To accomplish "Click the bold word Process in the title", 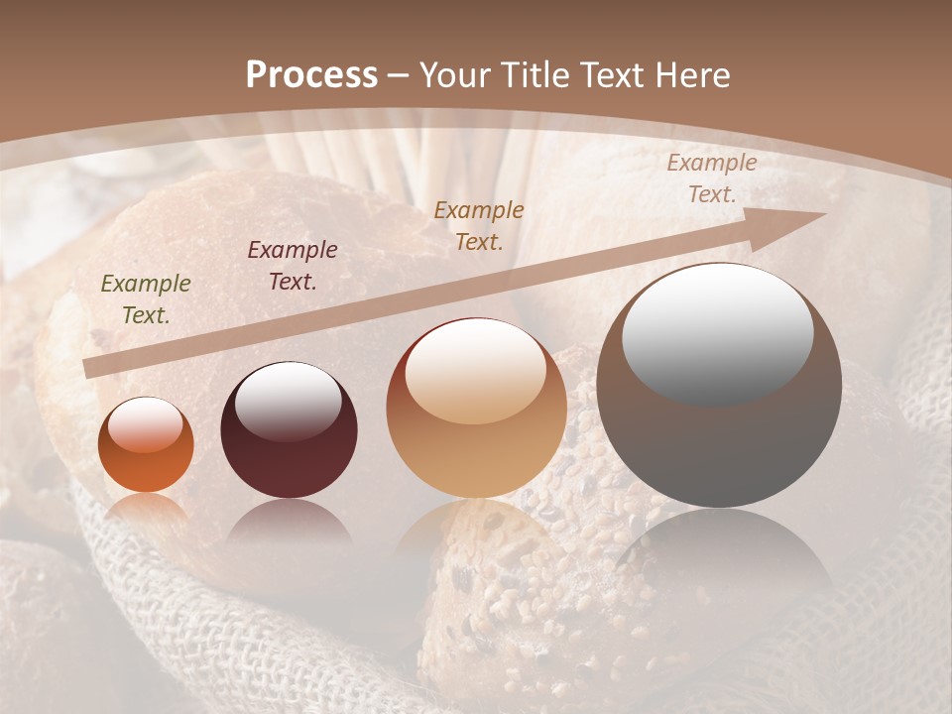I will click(311, 75).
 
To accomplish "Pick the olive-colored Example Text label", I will click(146, 299).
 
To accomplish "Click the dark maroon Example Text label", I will click(293, 265).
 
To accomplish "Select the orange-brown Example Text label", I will click(479, 225).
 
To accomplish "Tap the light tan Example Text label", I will click(711, 178).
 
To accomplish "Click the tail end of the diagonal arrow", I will click(91, 369).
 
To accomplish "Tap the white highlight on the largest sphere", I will click(717, 332).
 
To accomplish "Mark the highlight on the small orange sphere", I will click(145, 424).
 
